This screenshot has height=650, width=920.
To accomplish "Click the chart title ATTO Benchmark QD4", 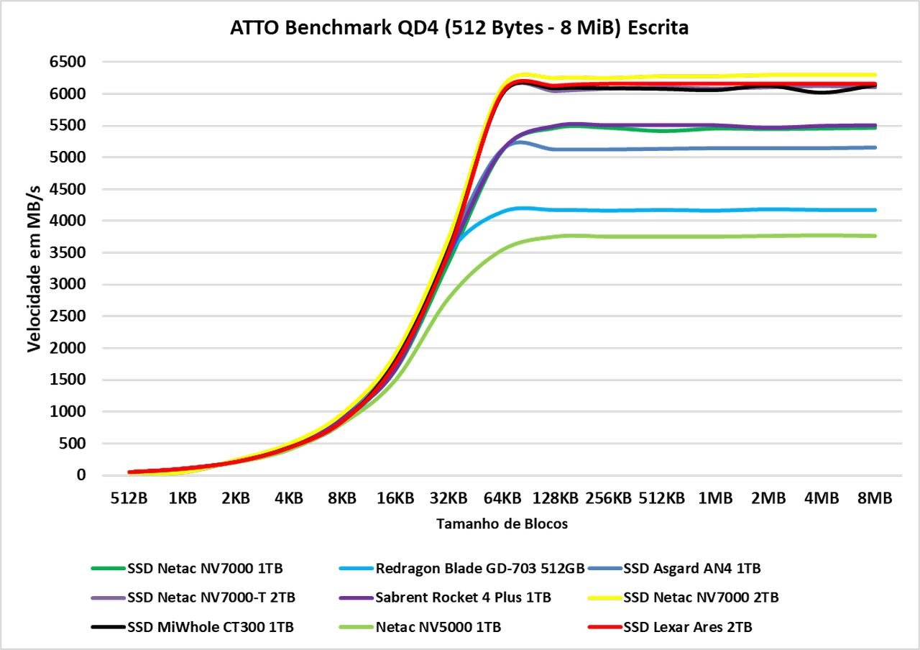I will click(459, 28).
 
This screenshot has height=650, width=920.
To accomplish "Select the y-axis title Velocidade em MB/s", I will click(34, 267).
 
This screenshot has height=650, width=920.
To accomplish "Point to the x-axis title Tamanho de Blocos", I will click(502, 524).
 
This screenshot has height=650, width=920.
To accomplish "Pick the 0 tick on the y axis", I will click(81, 475).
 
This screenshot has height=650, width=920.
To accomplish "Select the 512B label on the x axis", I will click(129, 498).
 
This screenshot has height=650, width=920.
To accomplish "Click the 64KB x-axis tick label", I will click(502, 498).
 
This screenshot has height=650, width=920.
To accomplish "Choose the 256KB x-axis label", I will click(608, 498).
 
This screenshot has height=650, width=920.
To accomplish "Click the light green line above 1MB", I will click(714, 237).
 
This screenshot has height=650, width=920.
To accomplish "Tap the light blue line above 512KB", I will click(661, 210).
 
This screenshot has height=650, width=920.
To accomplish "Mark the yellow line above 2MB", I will click(768, 75).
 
